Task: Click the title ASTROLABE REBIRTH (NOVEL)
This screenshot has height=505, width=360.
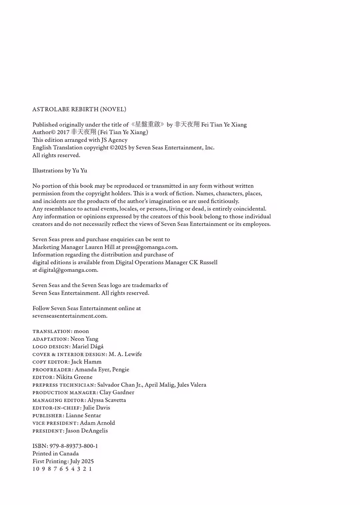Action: pyautogui.click(x=79, y=109)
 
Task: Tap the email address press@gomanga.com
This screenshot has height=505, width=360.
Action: pyautogui.click(x=149, y=247)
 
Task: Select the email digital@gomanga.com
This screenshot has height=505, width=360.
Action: pyautogui.click(x=68, y=270)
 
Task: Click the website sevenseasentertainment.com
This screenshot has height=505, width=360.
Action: pyautogui.click(x=69, y=316)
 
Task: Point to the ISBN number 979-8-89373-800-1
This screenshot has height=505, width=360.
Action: pyautogui.click(x=74, y=446)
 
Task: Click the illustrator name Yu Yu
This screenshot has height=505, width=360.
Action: pyautogui.click(x=80, y=171)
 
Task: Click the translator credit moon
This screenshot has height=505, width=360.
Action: pyautogui.click(x=81, y=331)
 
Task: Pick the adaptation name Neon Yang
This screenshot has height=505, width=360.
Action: pyautogui.click(x=84, y=339)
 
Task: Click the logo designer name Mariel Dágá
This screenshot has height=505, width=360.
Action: pyautogui.click(x=88, y=346)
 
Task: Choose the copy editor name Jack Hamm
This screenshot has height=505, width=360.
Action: pyautogui.click(x=86, y=362)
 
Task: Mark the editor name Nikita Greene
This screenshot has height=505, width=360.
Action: pyautogui.click(x=74, y=377)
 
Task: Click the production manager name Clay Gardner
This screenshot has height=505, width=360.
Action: pyautogui.click(x=117, y=392)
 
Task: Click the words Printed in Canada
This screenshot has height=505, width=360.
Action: pyautogui.click(x=56, y=454)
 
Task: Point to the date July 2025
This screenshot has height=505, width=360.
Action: pyautogui.click(x=82, y=461)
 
